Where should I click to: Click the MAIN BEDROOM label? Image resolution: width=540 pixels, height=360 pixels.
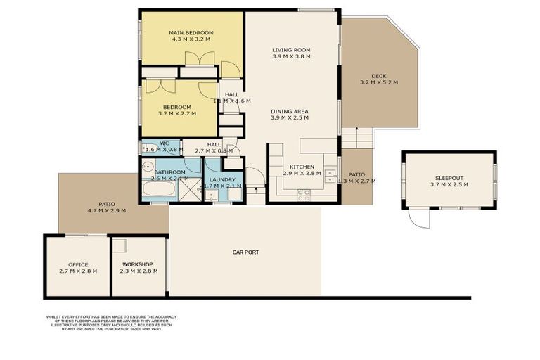point(191,33)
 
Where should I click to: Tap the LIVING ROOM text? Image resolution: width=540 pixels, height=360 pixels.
point(291,51)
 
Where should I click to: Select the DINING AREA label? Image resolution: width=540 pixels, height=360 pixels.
point(289,111)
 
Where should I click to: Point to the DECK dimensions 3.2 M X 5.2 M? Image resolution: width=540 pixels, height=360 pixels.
point(378,83)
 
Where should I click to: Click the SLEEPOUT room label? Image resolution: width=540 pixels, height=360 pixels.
point(449,179)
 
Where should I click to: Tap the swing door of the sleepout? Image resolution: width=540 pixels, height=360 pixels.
point(419,219)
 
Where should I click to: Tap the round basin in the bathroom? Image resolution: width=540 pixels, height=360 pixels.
point(146,167)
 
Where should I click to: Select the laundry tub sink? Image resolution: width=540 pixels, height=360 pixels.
point(211,196)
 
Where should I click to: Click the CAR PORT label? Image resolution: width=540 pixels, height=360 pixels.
point(246,252)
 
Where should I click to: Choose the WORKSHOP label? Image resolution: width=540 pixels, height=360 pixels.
point(138,264)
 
